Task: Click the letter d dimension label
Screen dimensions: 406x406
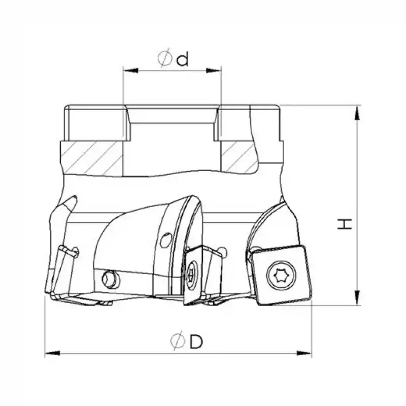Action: pos(183,59)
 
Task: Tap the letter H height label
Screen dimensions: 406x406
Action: pos(345,224)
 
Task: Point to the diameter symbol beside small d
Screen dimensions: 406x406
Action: pos(164,58)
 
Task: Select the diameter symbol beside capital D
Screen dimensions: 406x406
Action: pos(178,341)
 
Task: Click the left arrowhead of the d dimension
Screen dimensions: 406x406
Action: pos(131,71)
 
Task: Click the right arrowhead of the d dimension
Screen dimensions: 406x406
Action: pos(214,71)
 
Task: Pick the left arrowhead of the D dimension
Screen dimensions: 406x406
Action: pos(53,353)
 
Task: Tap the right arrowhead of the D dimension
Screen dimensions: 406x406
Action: pos(304,353)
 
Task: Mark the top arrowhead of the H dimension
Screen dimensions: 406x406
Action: pos(357,113)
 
